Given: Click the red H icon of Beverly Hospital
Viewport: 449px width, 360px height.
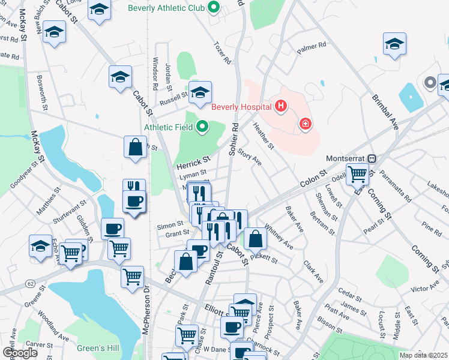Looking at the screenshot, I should tap(280, 107).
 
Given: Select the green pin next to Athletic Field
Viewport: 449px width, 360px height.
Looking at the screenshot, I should tap(202, 127).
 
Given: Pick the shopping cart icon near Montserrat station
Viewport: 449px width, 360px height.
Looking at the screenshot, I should tap(357, 175).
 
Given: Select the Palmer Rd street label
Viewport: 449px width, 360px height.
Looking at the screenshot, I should tap(313, 45).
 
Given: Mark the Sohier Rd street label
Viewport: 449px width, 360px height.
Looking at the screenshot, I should tap(234, 140).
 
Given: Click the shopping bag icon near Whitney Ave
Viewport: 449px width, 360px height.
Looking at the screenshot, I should tap(256, 239).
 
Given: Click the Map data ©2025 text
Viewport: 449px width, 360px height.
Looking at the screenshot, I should tap(423, 355).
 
